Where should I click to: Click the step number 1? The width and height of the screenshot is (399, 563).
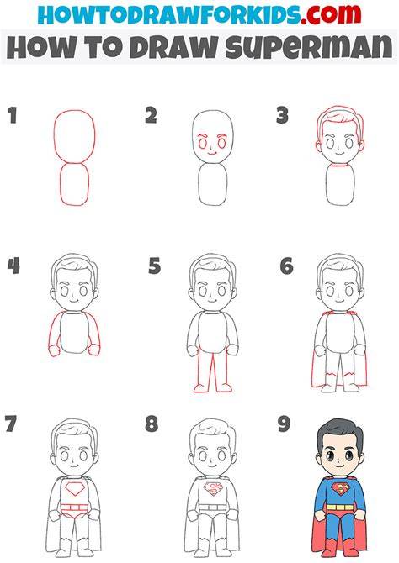pyautogui.click(x=13, y=116)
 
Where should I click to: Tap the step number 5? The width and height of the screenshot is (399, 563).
pyautogui.click(x=154, y=266)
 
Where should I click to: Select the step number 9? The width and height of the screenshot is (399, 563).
pyautogui.click(x=284, y=424)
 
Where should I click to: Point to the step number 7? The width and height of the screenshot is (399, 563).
pyautogui.click(x=10, y=424)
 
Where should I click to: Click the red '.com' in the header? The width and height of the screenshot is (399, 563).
pyautogui.click(x=330, y=14)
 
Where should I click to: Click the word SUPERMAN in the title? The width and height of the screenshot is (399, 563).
pyautogui.click(x=309, y=47)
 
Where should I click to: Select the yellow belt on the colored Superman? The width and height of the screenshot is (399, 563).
pyautogui.click(x=340, y=508)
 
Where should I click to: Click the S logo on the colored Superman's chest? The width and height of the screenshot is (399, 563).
pyautogui.click(x=340, y=489)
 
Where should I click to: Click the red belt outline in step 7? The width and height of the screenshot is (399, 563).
pyautogui.click(x=75, y=508)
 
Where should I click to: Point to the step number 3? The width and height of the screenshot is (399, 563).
pyautogui.click(x=283, y=116)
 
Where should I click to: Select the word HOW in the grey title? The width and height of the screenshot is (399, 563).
pyautogui.click(x=37, y=47)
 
